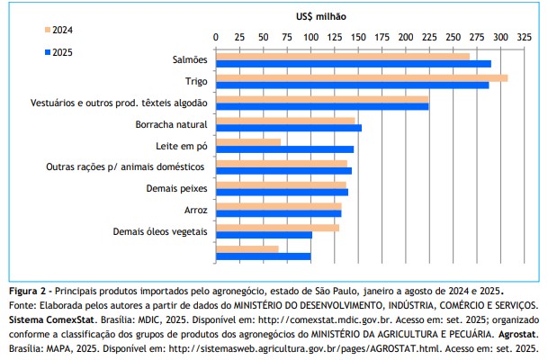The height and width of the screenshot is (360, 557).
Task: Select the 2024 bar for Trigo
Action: (x=361, y=77)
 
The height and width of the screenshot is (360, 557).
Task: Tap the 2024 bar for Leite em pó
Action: (x=247, y=141)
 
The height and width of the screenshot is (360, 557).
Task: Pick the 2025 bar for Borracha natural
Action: (x=288, y=128)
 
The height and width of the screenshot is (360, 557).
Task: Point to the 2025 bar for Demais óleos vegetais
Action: (x=264, y=235)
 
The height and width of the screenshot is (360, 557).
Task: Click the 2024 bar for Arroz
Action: (x=278, y=206)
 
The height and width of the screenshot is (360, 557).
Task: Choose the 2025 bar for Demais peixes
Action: (x=282, y=192)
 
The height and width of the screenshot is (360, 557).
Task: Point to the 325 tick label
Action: (x=525, y=38)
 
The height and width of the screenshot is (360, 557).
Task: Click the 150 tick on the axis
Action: (x=358, y=38)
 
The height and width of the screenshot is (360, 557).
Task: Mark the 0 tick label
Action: (x=216, y=38)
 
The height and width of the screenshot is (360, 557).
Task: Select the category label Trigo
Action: (x=196, y=81)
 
